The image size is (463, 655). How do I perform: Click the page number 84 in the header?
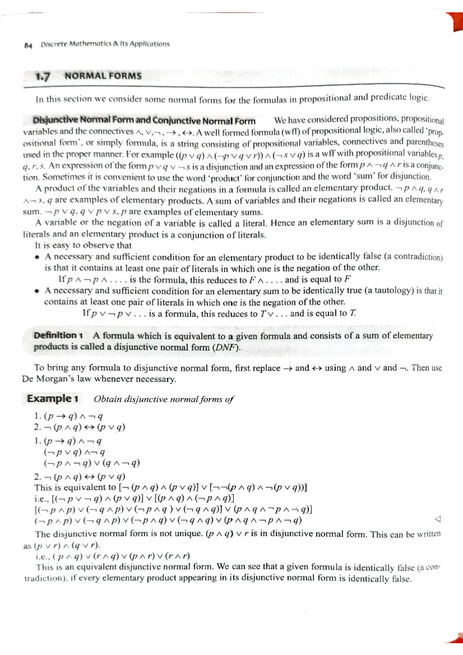(x=28, y=45)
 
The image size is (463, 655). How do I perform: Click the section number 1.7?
(x=42, y=76)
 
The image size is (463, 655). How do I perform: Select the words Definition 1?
(x=58, y=335)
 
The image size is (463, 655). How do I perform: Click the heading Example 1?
(x=52, y=398)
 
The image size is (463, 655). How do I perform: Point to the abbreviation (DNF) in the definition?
(x=226, y=347)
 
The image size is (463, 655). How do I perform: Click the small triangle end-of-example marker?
(x=437, y=519)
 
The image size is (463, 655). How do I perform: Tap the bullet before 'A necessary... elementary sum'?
(x=37, y=291)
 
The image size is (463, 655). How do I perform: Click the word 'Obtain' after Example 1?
(x=108, y=399)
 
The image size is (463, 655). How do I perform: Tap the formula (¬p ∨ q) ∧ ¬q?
(x=74, y=452)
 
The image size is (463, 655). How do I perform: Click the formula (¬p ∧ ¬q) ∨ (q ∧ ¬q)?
(x=92, y=463)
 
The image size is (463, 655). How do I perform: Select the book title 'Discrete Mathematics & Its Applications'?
(x=105, y=44)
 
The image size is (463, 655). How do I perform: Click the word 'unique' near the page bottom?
(x=189, y=534)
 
